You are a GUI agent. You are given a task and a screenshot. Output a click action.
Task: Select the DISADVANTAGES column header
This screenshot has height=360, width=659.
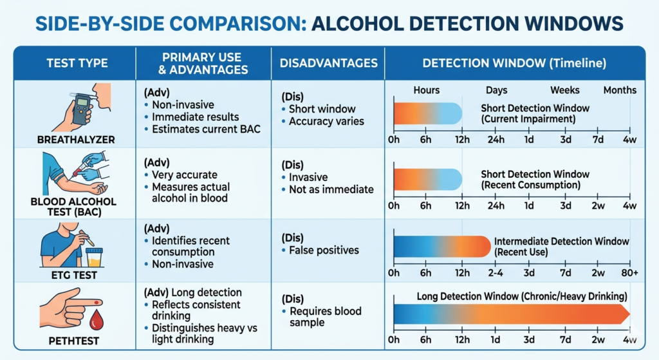(x=328, y=63)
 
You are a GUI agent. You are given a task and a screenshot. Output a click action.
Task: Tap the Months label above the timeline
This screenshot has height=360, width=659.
(x=620, y=90)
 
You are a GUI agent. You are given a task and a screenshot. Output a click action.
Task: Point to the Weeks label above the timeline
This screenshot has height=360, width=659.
(x=564, y=90)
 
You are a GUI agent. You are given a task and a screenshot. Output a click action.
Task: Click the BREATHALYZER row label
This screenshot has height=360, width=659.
(x=75, y=138)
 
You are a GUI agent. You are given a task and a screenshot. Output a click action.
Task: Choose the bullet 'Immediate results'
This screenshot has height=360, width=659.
(x=195, y=117)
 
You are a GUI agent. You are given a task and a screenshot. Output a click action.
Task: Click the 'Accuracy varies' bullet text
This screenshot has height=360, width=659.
(x=326, y=121)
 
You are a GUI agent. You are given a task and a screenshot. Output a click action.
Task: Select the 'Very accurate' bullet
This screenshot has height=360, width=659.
(x=184, y=175)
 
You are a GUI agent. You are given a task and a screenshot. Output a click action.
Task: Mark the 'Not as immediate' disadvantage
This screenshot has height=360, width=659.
(x=331, y=189)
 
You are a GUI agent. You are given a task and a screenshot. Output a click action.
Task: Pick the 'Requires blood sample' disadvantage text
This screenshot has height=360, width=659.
(x=325, y=317)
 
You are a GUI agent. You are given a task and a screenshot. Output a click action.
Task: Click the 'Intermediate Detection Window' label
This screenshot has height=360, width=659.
(x=561, y=242)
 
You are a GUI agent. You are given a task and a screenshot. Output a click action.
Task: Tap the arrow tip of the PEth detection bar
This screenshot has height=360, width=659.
(x=627, y=314)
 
